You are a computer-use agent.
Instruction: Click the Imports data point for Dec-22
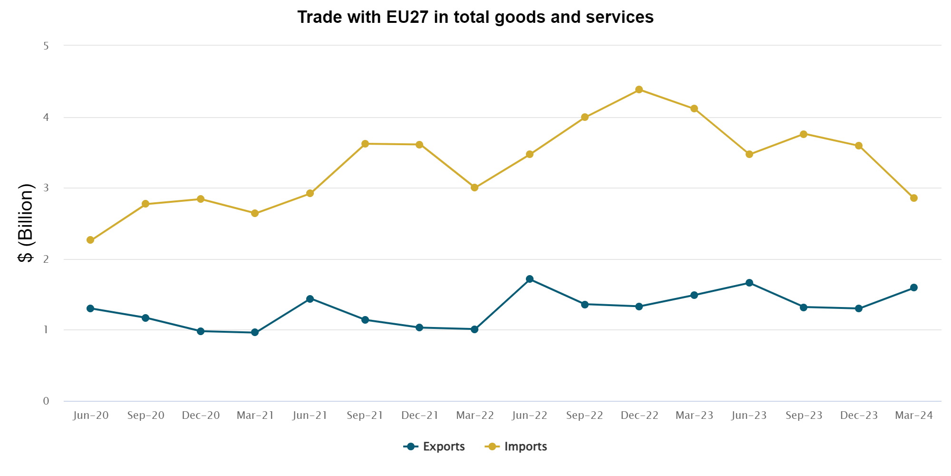click(x=639, y=89)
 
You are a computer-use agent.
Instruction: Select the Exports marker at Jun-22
click(x=530, y=279)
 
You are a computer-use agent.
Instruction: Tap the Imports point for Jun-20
click(x=90, y=240)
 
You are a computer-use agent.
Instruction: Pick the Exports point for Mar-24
click(x=914, y=288)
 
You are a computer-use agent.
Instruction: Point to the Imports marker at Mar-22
click(x=475, y=188)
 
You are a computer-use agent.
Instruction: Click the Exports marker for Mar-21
click(x=255, y=332)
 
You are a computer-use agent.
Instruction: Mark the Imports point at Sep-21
click(x=365, y=144)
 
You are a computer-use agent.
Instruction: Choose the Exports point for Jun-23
click(x=749, y=283)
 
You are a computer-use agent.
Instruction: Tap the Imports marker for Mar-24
click(x=914, y=198)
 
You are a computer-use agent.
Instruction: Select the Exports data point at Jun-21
click(x=310, y=299)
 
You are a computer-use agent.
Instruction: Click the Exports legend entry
click(x=435, y=446)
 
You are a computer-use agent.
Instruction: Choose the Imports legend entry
click(x=516, y=446)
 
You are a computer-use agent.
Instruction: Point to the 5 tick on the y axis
click(x=46, y=46)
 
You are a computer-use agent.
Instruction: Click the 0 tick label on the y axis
click(x=46, y=401)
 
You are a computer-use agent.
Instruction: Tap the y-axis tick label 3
click(x=46, y=188)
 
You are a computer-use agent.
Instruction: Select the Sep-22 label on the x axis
click(x=584, y=416)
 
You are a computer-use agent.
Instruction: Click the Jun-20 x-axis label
click(x=91, y=416)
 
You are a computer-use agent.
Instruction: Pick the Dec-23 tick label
click(x=859, y=416)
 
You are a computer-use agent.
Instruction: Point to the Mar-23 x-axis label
click(x=694, y=416)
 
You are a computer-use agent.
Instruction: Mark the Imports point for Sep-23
click(x=804, y=134)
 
